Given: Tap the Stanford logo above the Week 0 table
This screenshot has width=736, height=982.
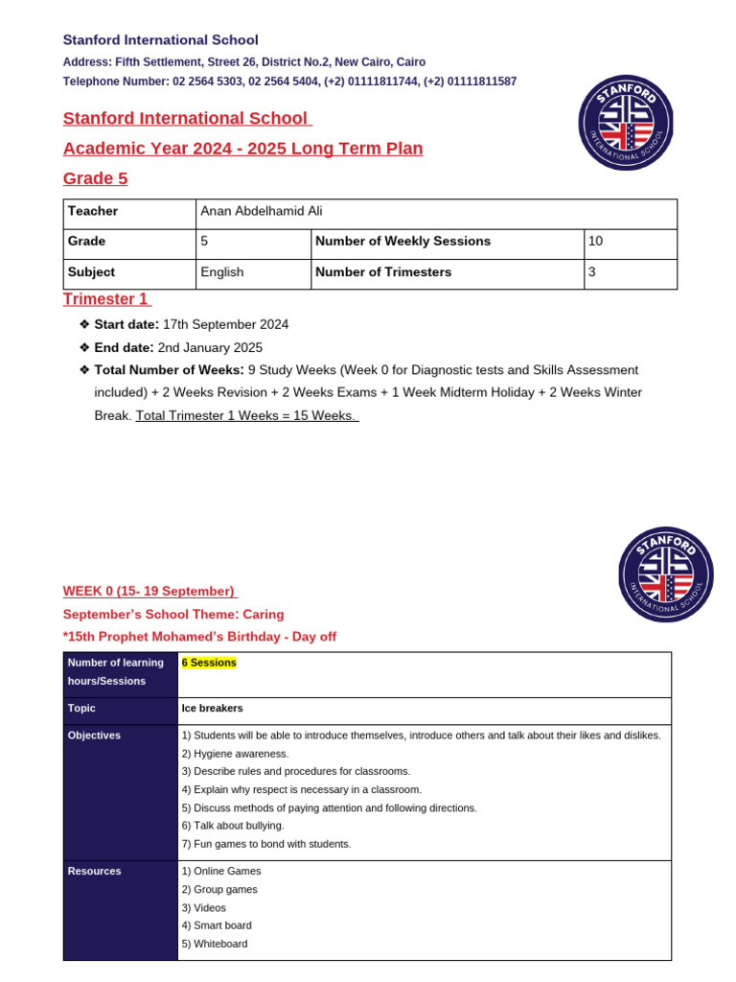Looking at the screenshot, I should (666, 573).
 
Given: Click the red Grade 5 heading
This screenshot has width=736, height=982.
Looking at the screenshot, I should (95, 178).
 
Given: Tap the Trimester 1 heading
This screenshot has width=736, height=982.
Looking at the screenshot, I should (106, 299).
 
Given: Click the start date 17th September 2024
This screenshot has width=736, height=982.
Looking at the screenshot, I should (225, 325).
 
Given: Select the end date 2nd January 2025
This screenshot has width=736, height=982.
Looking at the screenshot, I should (210, 347).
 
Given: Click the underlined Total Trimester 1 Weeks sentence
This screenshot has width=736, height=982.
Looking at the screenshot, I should (247, 415).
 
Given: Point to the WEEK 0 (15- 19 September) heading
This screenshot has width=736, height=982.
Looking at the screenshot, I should (149, 591).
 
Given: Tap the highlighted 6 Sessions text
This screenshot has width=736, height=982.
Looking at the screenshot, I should (209, 663).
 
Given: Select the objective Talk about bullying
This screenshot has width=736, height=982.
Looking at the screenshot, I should (232, 825).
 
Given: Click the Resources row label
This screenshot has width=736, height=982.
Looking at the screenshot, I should (95, 871).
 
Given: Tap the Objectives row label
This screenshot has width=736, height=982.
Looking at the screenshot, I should (95, 735).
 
